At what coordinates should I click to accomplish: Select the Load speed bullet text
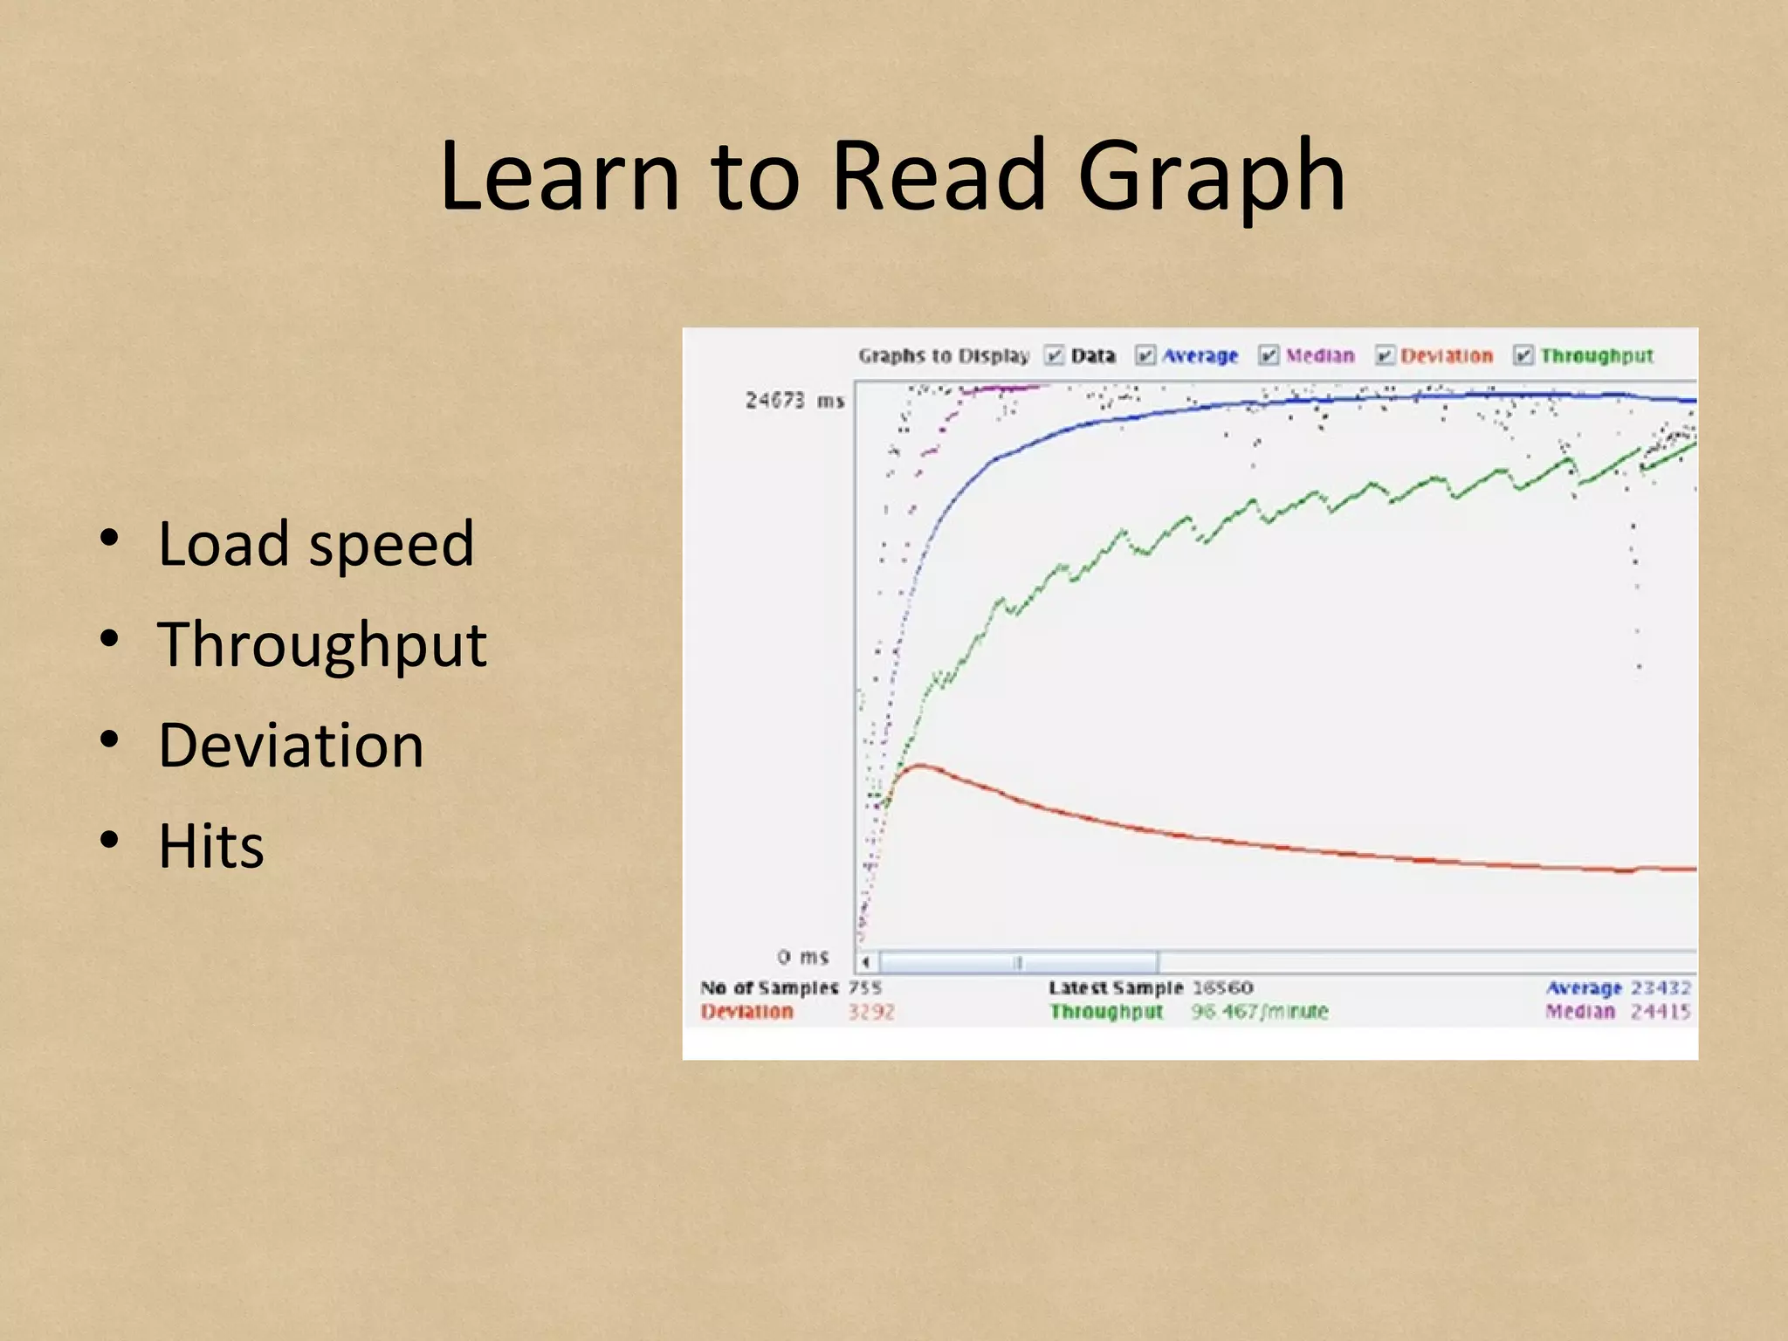coord(315,545)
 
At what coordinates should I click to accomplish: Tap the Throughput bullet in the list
coord(322,645)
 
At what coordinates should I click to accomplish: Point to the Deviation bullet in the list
coord(291,746)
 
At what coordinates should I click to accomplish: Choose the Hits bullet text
coord(210,847)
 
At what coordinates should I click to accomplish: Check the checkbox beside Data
coord(1055,355)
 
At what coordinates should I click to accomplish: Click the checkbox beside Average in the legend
coord(1145,355)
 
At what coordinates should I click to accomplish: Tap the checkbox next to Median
coord(1269,355)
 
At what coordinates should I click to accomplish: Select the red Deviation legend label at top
coord(1446,355)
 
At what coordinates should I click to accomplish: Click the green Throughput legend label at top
coord(1596,355)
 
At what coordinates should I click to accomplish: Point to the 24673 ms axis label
coord(794,401)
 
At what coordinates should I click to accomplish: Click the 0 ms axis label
coord(802,957)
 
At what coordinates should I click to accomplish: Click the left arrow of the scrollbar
coord(866,962)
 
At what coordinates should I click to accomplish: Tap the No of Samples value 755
coord(864,987)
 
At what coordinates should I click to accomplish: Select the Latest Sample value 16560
coord(1222,987)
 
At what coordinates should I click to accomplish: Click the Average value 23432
coord(1661,987)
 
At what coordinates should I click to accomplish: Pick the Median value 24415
coord(1661,1011)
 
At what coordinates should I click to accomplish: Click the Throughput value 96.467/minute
coord(1259,1011)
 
